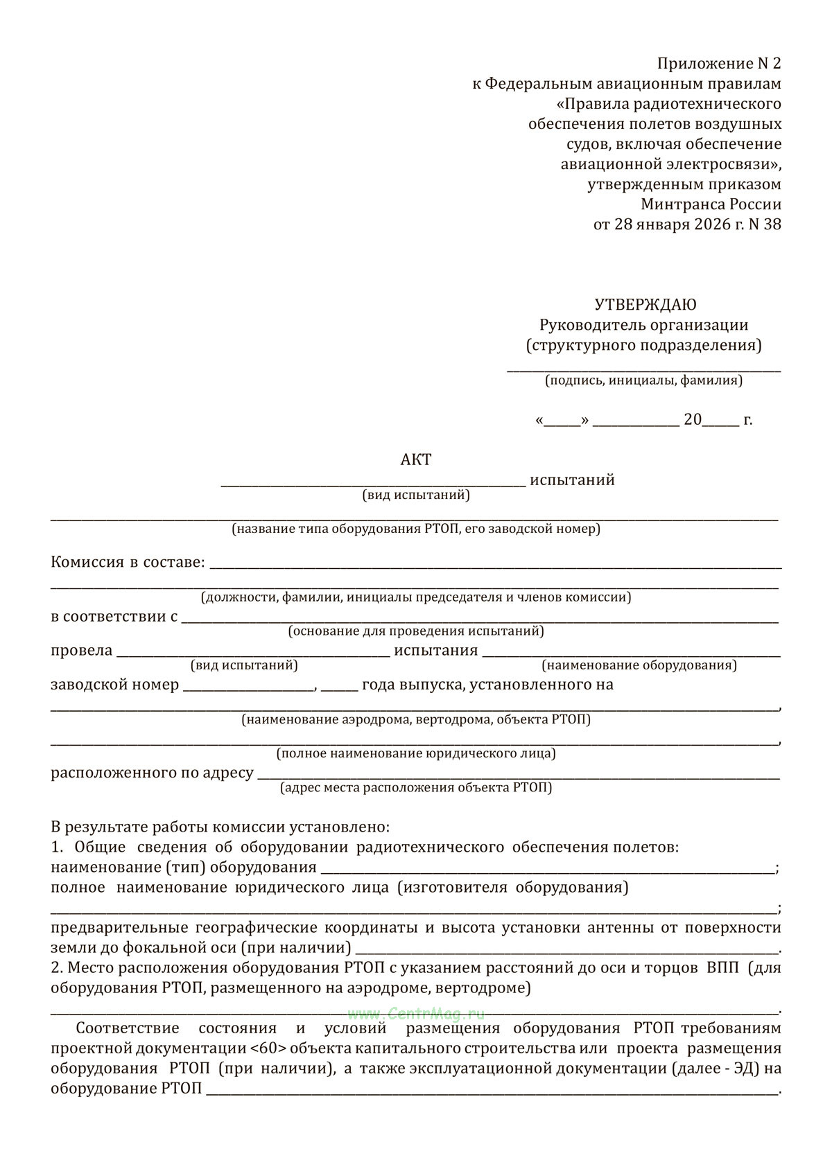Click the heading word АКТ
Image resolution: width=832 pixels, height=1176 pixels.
click(416, 460)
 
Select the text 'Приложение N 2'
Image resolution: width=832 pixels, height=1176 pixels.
click(718, 64)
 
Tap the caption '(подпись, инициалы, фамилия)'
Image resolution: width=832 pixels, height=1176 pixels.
click(643, 380)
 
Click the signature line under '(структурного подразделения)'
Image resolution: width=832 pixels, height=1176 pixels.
click(643, 371)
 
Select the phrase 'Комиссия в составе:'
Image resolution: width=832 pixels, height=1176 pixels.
click(128, 562)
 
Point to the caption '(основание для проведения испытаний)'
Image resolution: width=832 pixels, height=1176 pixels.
click(416, 631)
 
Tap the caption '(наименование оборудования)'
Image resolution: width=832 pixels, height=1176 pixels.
click(639, 665)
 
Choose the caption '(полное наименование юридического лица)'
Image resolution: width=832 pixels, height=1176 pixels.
click(416, 753)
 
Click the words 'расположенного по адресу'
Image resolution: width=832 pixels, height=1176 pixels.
click(152, 773)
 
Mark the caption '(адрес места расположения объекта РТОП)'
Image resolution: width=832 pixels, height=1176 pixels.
click(416, 787)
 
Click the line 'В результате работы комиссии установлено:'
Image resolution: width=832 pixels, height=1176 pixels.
click(220, 827)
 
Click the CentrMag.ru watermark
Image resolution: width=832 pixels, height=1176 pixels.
click(416, 1014)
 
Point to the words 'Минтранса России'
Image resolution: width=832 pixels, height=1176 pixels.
click(711, 204)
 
